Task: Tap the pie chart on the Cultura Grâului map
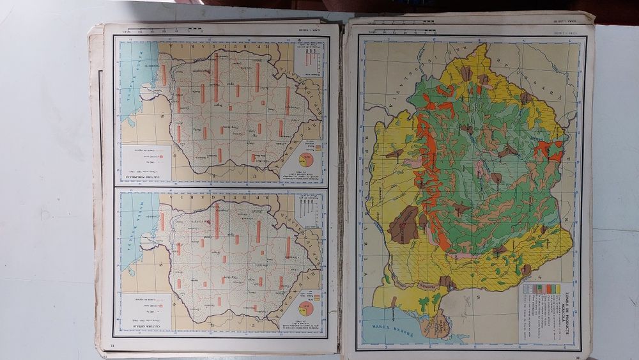[306, 308]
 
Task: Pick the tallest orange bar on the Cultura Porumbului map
[216, 80]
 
